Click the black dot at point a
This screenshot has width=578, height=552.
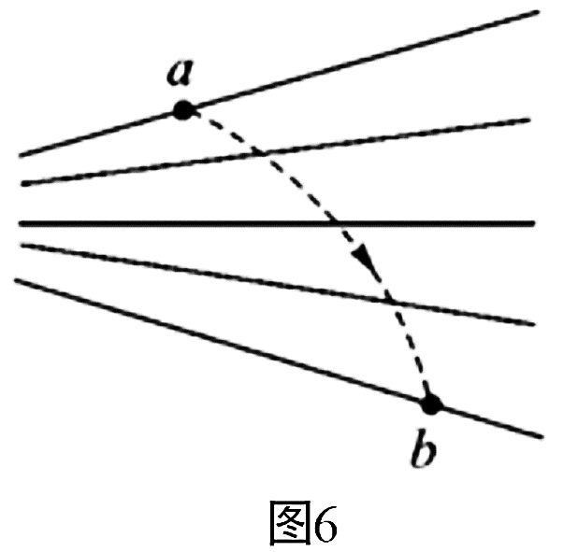(x=183, y=110)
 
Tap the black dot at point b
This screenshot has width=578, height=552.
(x=431, y=404)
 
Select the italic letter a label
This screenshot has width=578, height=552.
(x=180, y=73)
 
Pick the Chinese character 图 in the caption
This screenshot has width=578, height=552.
(x=290, y=522)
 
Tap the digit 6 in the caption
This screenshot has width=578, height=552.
(x=325, y=524)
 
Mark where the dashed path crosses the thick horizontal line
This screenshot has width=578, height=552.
(x=337, y=223)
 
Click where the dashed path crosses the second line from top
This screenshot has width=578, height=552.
(x=263, y=153)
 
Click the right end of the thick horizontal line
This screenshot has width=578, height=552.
(x=534, y=223)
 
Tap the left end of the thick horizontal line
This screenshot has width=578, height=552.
(x=21, y=223)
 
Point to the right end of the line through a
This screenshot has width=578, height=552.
(x=539, y=12)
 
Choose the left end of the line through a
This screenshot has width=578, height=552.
(x=21, y=155)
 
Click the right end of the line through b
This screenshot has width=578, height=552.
(x=542, y=437)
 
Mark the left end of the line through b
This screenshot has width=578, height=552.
(x=16, y=280)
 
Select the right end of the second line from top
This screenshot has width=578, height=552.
(x=529, y=120)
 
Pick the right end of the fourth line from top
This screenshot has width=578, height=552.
(x=533, y=324)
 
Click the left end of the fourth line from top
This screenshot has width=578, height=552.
(x=22, y=246)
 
